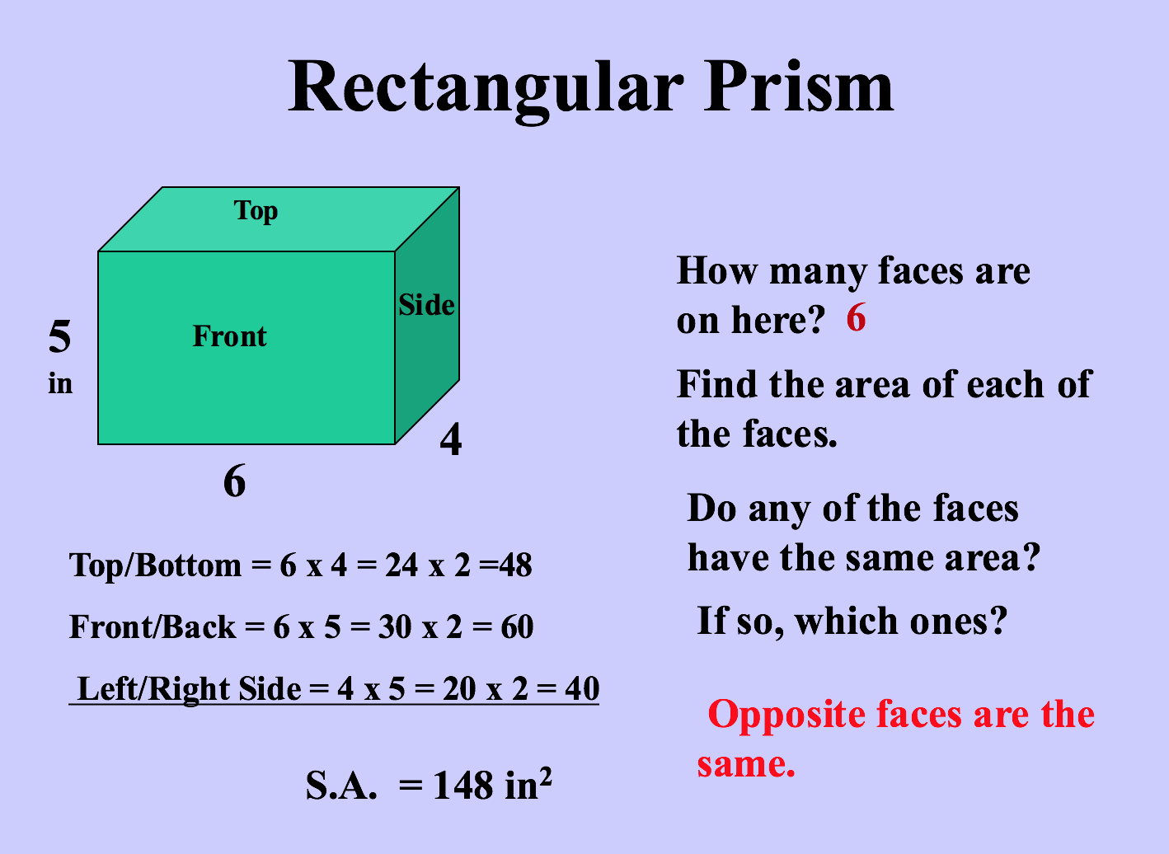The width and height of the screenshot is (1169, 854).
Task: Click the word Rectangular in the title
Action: coord(486,91)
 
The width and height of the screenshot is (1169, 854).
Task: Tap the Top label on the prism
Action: coord(256,211)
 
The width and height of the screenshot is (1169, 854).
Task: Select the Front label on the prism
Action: coord(230,336)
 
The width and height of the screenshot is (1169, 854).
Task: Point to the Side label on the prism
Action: coord(426,305)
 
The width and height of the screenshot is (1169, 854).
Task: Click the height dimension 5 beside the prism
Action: coord(59,336)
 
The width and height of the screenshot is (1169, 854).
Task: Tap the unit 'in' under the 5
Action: coord(60,383)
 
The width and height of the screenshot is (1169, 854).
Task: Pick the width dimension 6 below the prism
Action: coord(234,481)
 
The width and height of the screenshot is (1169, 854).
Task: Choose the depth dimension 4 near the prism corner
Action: coord(451,439)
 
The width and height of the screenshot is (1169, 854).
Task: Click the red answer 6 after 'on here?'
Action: coord(856,317)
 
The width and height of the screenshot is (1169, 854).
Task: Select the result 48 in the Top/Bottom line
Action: coord(515,565)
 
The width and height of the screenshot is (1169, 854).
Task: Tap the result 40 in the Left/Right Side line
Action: coord(582,688)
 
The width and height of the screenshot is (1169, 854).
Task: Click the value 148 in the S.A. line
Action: coord(463,785)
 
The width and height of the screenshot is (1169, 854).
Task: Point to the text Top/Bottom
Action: coord(155,565)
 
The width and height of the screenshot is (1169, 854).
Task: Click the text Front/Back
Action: coord(152,626)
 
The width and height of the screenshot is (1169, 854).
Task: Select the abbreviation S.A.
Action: coord(340,785)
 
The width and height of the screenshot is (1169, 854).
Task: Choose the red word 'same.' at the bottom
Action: coord(746,765)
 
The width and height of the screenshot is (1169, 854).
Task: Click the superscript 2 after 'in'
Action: coord(546,776)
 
